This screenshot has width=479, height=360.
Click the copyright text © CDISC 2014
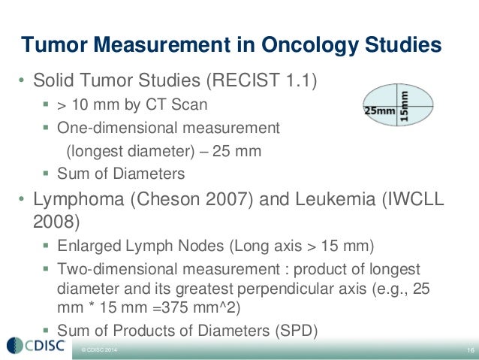point(95,351)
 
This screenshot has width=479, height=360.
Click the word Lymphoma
point(73,199)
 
